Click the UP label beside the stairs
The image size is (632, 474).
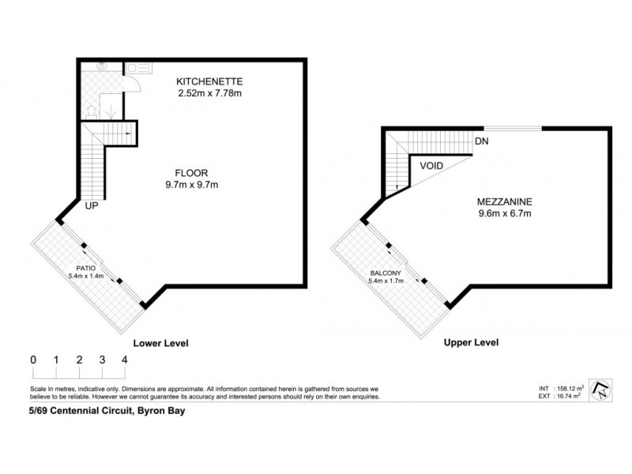[92, 206]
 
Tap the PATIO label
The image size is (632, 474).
[86, 268]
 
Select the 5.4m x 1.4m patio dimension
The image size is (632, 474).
[86, 276]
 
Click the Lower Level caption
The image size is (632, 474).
[161, 343]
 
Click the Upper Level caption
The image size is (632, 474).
[472, 343]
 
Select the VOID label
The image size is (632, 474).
[431, 166]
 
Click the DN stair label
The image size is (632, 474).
[481, 142]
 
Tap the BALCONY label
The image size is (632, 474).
[386, 273]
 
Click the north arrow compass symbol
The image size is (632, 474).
[603, 390]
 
